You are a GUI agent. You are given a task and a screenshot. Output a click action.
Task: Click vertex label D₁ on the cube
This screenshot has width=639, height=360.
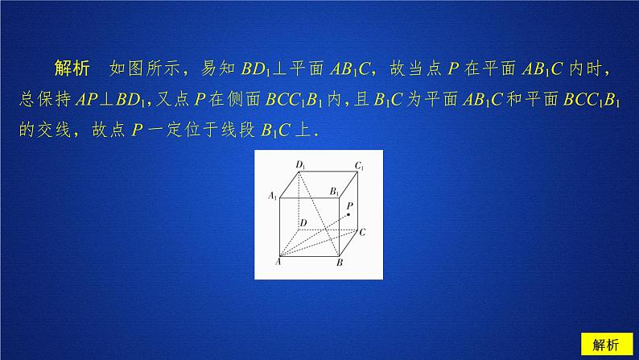coord(299,165)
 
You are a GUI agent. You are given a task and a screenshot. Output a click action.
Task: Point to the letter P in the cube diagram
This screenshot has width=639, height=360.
coord(349,206)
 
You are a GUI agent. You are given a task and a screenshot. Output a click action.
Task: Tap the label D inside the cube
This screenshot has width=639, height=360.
coord(303,221)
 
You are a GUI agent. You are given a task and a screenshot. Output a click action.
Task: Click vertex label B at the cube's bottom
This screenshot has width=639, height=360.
coord(340,263)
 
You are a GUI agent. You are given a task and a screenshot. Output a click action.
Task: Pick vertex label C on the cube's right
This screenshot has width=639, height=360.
coord(364,232)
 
